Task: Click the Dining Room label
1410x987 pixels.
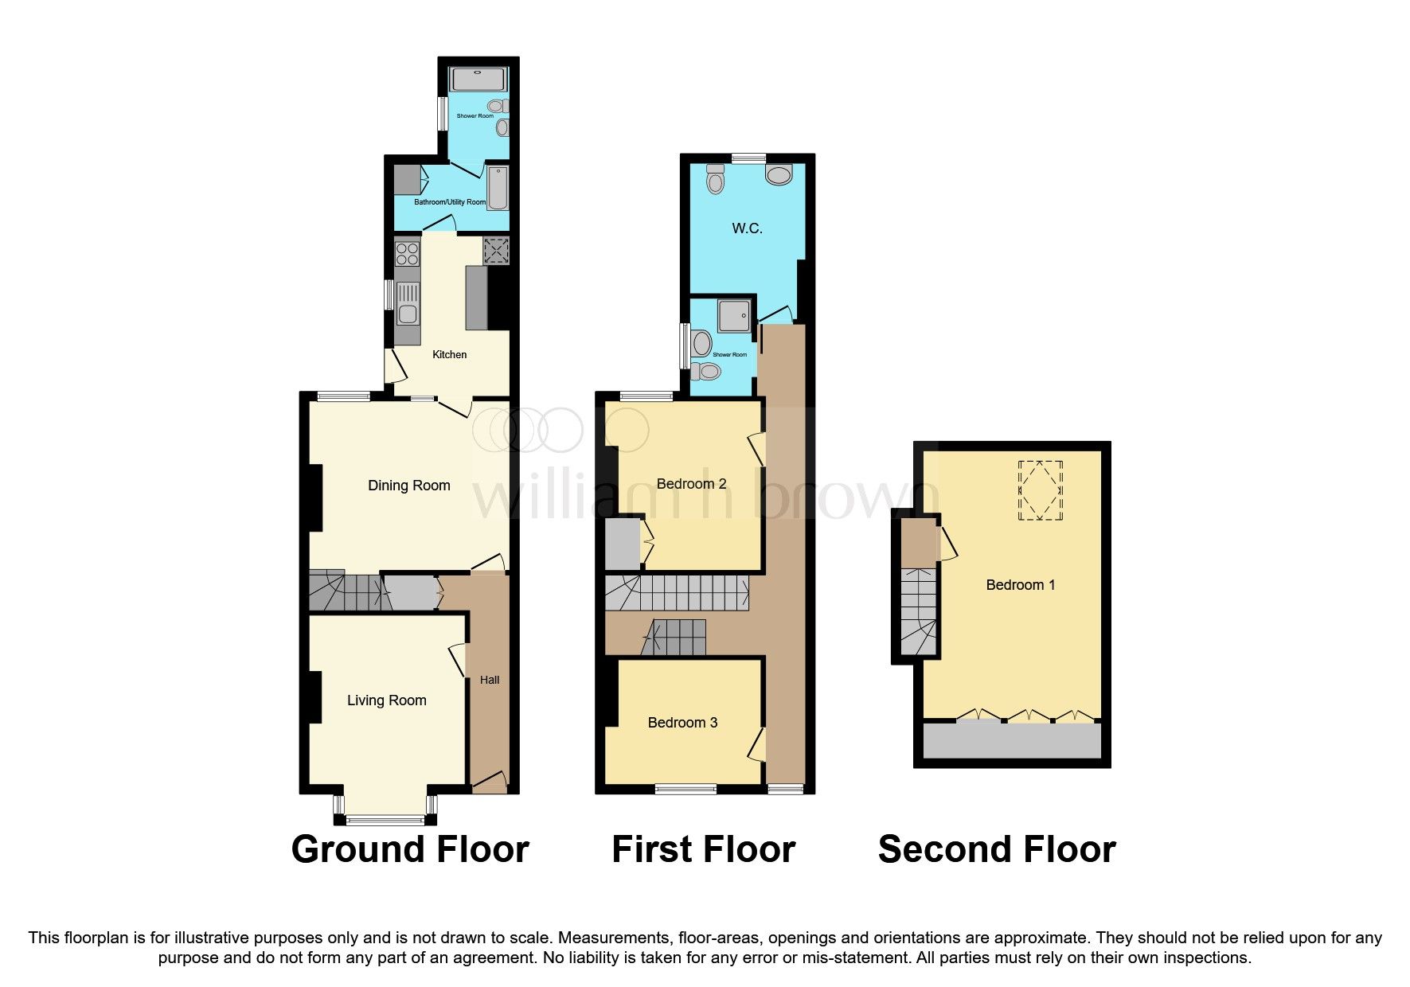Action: pos(408,486)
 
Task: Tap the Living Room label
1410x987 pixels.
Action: pos(386,700)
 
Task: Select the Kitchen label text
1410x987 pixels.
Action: pos(449,354)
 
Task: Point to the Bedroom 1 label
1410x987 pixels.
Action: pos(1020,585)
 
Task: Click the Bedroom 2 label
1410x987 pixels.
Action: pos(691,484)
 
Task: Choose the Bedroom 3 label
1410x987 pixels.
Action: pos(682,723)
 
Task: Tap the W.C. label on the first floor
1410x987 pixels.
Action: pos(747,228)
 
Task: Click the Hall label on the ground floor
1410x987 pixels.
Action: pos(490,680)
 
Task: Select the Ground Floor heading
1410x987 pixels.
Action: pos(410,849)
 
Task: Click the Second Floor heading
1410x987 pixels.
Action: pos(997,849)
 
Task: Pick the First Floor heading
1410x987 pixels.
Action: pos(703,849)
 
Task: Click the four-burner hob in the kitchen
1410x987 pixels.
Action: pos(408,254)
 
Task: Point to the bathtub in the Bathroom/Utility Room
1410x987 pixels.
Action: pos(498,188)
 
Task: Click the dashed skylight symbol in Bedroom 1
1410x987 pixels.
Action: pos(1041,490)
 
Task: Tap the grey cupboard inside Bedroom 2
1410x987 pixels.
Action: pos(622,544)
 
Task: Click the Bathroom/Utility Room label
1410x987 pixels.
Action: pos(449,202)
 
